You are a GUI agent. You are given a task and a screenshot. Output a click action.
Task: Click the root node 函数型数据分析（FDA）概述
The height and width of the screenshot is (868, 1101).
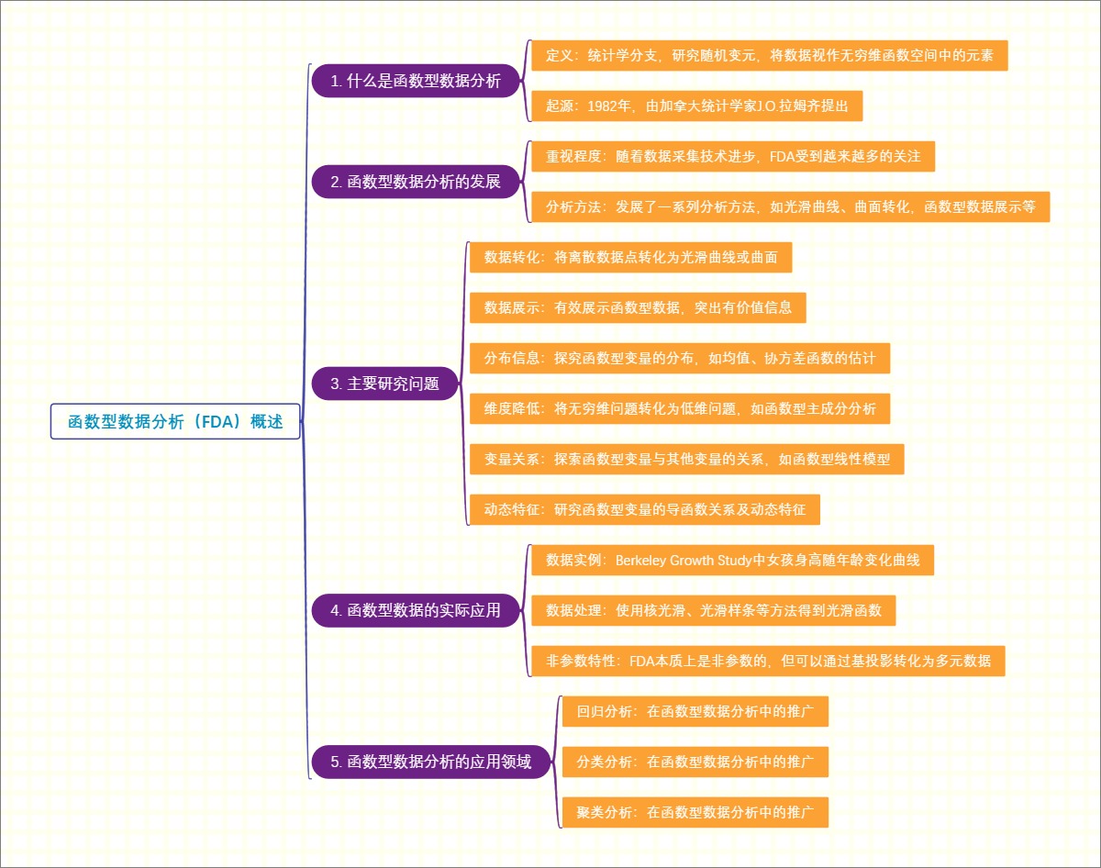tap(175, 422)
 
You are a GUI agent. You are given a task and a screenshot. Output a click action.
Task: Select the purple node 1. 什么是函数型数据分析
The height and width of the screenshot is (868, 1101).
tap(417, 81)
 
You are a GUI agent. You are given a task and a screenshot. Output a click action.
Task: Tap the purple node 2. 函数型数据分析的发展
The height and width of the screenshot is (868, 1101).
tap(417, 182)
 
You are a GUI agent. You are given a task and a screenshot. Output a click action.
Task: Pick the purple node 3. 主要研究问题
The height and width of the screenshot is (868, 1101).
tap(384, 384)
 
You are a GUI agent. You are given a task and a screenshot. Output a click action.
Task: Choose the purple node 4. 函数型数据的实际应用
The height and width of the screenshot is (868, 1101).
tap(417, 610)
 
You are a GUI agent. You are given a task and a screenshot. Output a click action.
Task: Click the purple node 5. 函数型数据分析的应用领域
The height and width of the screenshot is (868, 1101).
tap(431, 762)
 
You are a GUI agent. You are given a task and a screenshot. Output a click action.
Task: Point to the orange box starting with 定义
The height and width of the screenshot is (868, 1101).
tap(769, 56)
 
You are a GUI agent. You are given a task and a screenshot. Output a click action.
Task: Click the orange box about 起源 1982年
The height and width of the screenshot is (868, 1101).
tap(696, 106)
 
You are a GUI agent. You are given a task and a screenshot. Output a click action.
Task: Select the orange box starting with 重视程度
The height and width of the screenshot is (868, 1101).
tap(732, 156)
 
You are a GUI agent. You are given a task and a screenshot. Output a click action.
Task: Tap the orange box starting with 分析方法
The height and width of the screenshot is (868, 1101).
tap(790, 206)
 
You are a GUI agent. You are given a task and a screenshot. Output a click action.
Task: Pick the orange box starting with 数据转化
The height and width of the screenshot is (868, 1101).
tap(630, 257)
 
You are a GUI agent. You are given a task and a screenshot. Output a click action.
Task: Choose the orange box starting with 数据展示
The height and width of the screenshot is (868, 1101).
tap(638, 307)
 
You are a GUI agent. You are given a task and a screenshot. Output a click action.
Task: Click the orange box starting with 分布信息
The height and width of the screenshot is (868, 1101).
tap(679, 358)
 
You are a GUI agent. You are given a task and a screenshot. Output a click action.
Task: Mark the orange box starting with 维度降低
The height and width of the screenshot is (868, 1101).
tap(679, 408)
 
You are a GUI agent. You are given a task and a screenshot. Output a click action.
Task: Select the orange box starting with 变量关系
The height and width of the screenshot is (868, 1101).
tap(686, 459)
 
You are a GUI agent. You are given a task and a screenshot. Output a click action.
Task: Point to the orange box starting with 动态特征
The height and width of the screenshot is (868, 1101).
tap(644, 508)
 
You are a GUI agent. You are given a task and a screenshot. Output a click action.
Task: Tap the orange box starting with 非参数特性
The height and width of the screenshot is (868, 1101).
tap(768, 661)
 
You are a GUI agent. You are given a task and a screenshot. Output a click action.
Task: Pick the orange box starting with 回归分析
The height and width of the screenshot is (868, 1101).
tap(695, 711)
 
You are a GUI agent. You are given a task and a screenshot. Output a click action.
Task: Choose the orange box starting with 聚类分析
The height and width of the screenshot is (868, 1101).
tap(695, 812)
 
